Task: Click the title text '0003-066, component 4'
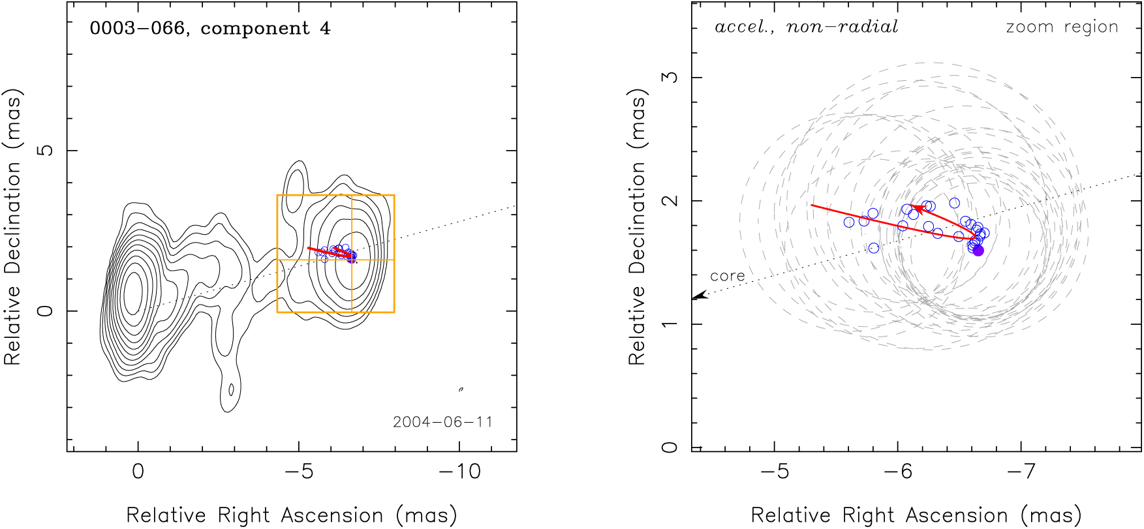coord(210,29)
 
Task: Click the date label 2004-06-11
coord(442,422)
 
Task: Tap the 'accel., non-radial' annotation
coord(807,27)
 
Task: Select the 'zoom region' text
coord(1062,27)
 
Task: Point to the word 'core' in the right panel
coord(727,276)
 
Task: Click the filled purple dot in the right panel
coord(978,250)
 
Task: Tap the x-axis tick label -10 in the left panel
coord(459,471)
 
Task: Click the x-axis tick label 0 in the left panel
coord(138,471)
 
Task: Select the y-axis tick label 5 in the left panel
coord(46,151)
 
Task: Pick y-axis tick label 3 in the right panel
coord(670,78)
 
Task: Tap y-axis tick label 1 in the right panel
coord(670,324)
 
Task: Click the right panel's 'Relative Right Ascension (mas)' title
coord(916,515)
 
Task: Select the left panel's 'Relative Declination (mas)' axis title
coord(13,226)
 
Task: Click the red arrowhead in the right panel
coord(916,208)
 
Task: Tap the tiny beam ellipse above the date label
coord(461,389)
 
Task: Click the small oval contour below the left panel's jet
coord(231,389)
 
